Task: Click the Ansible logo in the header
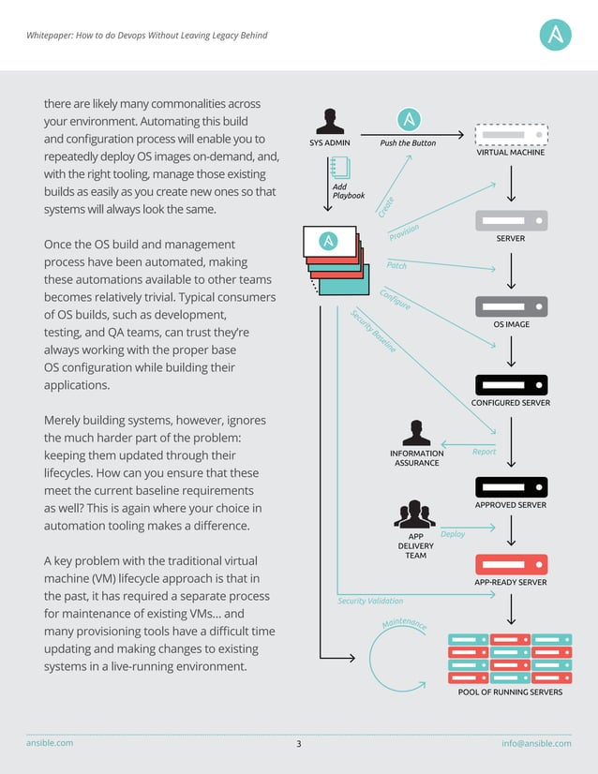point(556,35)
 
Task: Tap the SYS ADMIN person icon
point(329,122)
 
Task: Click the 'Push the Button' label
point(408,143)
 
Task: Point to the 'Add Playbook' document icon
point(339,168)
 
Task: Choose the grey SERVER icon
point(511,220)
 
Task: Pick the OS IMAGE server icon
point(511,306)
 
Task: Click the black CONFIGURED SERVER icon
point(511,384)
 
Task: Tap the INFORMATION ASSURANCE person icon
point(416,433)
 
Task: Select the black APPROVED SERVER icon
point(511,486)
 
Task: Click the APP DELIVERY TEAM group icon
point(415,515)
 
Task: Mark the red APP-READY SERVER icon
point(511,564)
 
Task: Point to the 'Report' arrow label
point(485,452)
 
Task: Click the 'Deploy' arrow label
point(453,534)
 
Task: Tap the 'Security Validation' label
point(370,601)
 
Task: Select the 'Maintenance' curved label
point(405,625)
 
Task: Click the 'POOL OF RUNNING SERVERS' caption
point(510,692)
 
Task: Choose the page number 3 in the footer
point(299,744)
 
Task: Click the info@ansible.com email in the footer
point(536,743)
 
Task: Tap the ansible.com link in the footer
point(49,743)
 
